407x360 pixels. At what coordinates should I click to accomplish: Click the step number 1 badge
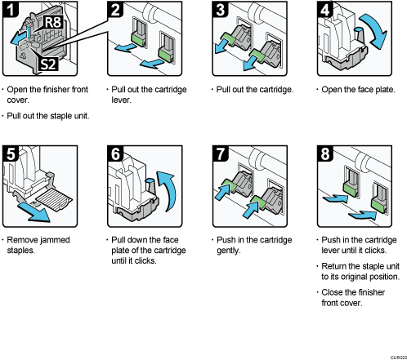(x=13, y=12)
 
